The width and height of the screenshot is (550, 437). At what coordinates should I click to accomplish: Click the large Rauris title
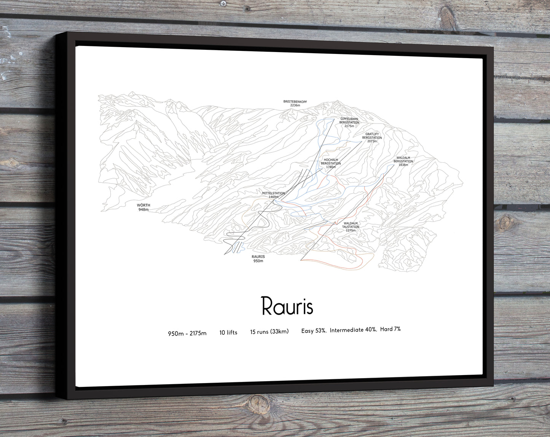(287, 306)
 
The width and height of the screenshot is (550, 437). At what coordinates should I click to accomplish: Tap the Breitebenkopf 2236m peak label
(295, 103)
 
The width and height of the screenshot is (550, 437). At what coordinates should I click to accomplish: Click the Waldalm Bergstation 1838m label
(403, 161)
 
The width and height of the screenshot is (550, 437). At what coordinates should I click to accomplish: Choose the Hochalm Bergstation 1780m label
(331, 163)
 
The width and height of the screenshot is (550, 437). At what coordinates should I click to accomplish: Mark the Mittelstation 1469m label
(273, 195)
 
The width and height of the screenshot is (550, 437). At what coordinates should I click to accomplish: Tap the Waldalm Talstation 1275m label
(351, 227)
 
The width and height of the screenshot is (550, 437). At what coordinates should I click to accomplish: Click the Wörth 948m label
(143, 207)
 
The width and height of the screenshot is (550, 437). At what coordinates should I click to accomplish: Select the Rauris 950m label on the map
(258, 259)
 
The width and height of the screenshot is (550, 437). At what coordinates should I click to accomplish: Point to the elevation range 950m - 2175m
(187, 333)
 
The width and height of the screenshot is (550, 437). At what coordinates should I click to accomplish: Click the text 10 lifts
(228, 332)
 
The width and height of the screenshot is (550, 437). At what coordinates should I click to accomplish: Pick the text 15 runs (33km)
(269, 331)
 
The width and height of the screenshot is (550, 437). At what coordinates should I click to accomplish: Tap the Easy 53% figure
(314, 331)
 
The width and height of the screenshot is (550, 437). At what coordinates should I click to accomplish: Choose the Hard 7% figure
(390, 329)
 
